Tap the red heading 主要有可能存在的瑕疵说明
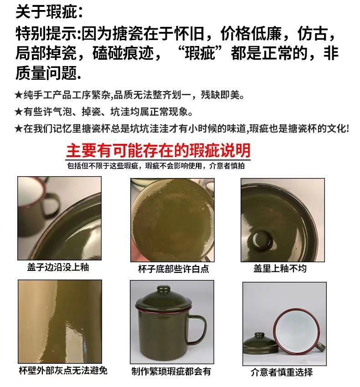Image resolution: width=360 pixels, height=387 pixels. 159,150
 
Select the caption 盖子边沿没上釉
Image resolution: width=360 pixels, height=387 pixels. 58,267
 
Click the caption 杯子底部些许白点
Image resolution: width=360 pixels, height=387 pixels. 174,269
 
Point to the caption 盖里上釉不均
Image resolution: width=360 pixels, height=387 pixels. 280,268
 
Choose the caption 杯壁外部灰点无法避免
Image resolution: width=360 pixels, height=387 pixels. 63,371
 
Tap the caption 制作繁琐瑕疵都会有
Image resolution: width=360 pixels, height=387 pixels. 171,371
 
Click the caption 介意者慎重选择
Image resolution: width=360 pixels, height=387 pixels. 282,372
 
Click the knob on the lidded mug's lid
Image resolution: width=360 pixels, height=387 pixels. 163,289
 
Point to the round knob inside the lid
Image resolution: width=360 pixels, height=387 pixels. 260,239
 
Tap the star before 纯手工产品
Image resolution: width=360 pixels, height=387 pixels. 19,95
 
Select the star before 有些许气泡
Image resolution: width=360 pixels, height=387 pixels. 19,112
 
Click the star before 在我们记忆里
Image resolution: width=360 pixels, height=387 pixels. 19,128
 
